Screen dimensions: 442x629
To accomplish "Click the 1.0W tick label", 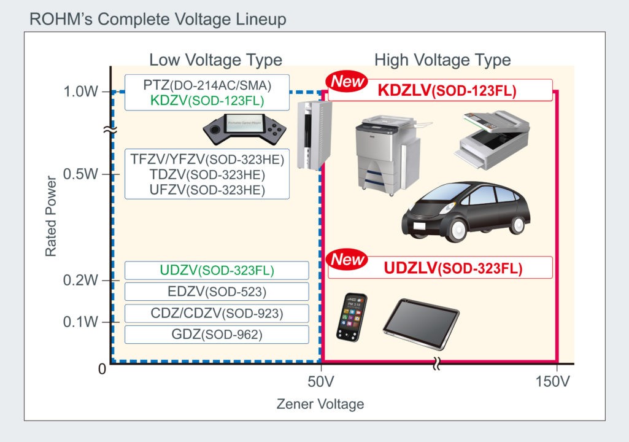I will coord(80,92).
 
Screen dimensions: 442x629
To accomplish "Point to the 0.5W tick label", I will coord(80,174).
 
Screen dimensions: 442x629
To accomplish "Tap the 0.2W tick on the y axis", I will coord(80,281).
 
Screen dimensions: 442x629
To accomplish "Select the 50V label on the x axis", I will coord(321,382).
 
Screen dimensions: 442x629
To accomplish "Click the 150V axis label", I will coord(552,382).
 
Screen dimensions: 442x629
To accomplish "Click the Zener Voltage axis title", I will coord(320,404).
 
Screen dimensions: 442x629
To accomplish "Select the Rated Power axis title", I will coord(50,217).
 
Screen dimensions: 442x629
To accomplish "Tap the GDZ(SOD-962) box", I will coord(217,335).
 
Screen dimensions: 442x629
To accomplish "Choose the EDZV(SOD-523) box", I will coord(217,292).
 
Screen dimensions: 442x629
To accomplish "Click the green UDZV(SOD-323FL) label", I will coord(217,271).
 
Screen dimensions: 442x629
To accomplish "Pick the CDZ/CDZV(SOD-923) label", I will coord(217,313).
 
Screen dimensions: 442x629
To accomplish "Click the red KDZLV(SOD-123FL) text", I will coord(447,91).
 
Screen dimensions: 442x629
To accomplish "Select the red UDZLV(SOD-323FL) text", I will coord(453,268).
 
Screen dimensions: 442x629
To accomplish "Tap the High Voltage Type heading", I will coord(442,60).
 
